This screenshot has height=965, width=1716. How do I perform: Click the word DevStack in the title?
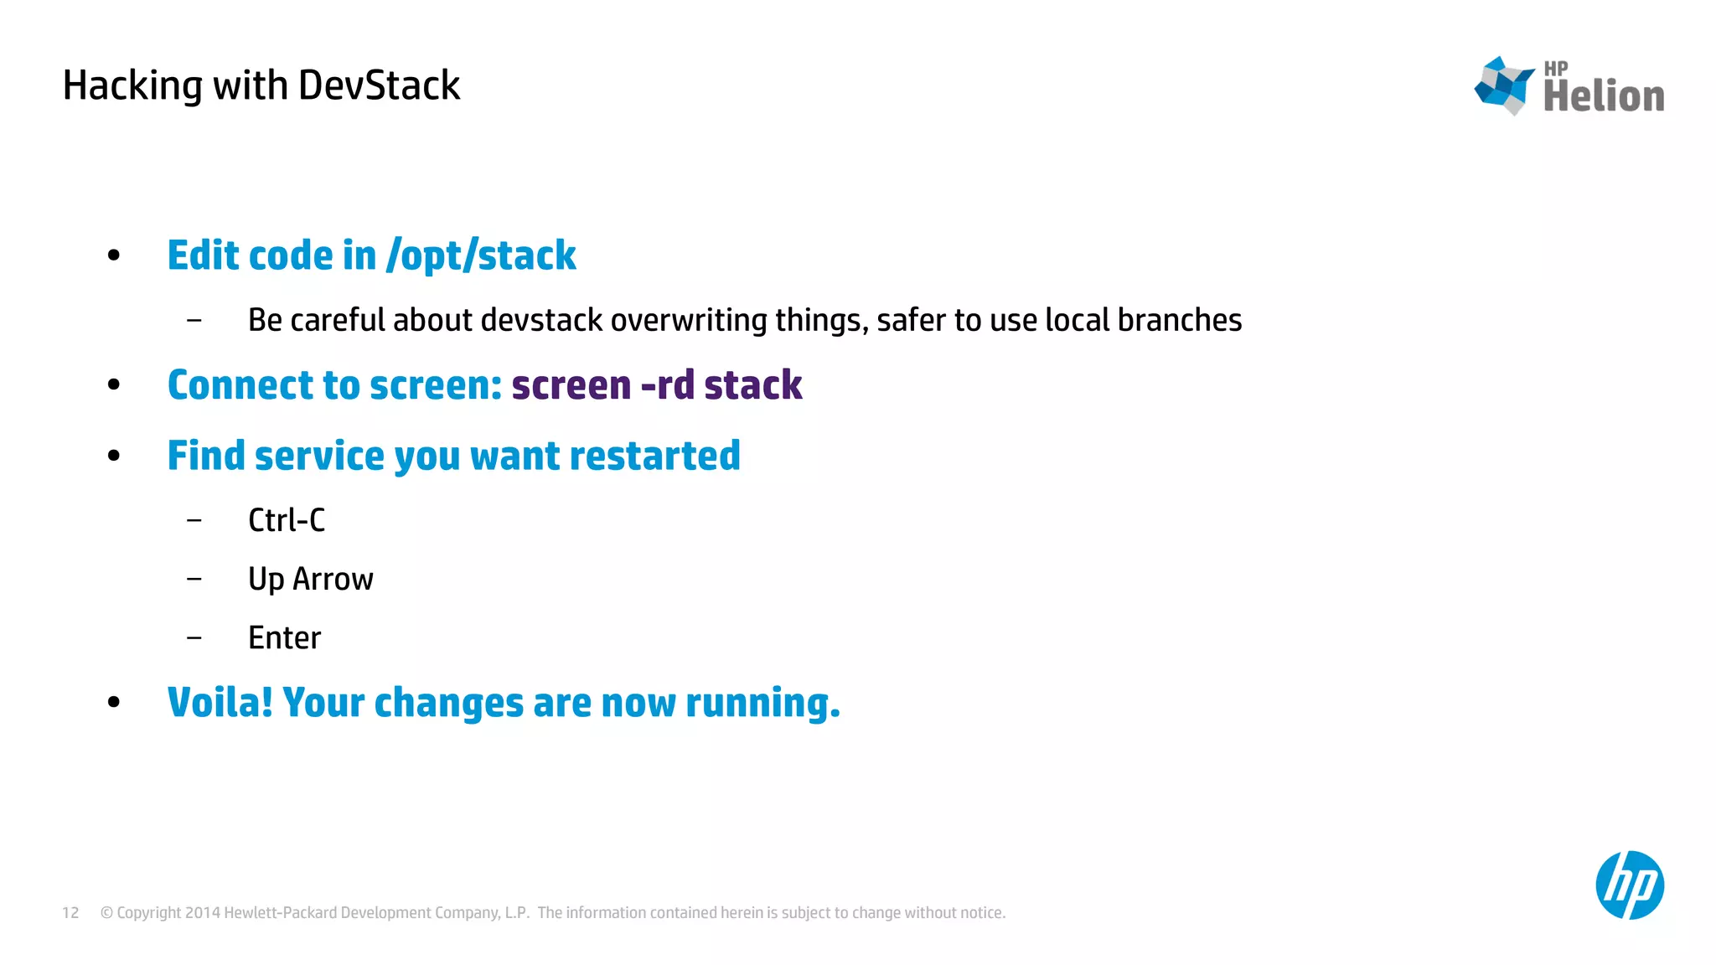pos(379,86)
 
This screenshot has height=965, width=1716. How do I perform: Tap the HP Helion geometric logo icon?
pos(1505,85)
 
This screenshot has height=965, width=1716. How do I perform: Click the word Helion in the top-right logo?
pos(1603,96)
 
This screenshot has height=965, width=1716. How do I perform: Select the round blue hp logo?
pos(1629,885)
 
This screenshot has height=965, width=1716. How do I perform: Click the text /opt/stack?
pos(481,255)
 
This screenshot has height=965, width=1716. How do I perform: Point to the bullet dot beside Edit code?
pos(114,255)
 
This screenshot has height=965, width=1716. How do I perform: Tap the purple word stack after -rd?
pos(752,385)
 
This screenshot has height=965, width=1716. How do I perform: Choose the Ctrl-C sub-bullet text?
pos(287,520)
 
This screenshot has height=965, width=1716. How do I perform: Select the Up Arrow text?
pos(310,580)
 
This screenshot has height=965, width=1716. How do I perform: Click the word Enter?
pos(284,638)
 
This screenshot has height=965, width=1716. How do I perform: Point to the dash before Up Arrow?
pos(194,579)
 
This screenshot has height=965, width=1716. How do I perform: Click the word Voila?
pos(220,703)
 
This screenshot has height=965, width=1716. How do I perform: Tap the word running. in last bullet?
pos(762,703)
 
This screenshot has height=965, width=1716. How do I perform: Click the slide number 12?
pos(70,913)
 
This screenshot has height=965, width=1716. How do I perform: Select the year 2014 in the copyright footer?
pos(202,913)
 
